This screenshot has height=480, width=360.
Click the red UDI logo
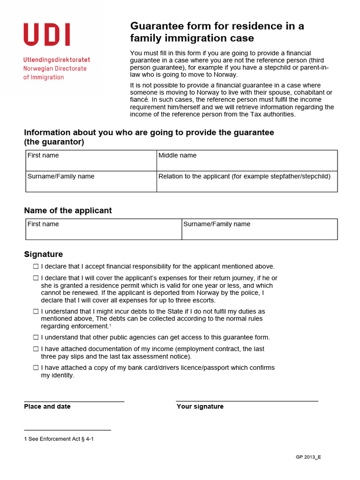coord(47,35)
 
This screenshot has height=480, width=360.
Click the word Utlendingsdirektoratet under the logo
coord(57,60)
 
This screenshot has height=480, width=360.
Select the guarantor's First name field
coord(91,160)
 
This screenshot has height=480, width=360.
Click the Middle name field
coord(247,160)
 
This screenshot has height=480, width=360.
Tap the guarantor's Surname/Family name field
coord(91,181)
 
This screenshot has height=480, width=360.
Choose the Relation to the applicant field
coord(247,181)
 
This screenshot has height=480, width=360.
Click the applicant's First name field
coord(104,229)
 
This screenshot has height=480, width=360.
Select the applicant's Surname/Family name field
coord(259,229)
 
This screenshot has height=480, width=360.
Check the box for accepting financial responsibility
coord(36,266)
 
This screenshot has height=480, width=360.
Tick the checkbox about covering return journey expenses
coord(36,278)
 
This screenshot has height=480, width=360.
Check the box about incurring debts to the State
coord(36,311)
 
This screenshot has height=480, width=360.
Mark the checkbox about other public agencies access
coord(36,337)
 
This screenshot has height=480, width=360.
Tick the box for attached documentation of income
coord(36,349)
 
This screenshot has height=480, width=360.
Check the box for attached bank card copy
coord(36,367)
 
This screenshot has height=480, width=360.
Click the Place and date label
coord(47,406)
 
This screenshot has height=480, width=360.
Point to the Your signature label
coord(200,406)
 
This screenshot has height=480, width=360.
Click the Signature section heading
coord(43,254)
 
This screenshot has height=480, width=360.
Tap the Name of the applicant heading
coord(68,210)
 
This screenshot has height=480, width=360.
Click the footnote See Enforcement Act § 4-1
coord(59,439)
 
